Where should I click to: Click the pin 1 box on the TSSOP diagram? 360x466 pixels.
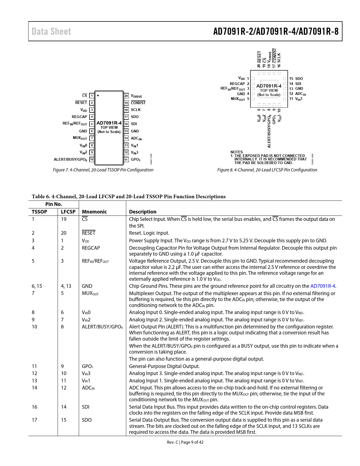pyautogui.click(x=92, y=96)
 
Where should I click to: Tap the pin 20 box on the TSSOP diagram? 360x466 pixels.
pyautogui.click(x=126, y=96)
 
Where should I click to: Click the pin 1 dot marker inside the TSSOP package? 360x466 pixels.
pyautogui.click(x=98, y=95)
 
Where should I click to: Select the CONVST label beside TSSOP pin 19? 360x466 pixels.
pyautogui.click(x=138, y=103)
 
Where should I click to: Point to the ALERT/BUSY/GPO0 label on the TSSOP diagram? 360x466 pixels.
pyautogui.click(x=70, y=160)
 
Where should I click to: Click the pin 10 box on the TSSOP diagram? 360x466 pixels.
pyautogui.click(x=92, y=160)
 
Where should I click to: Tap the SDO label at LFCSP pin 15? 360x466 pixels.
pyautogui.click(x=299, y=79)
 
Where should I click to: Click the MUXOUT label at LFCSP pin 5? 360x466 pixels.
pyautogui.click(x=238, y=99)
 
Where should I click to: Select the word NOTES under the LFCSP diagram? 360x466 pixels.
pyautogui.click(x=237, y=152)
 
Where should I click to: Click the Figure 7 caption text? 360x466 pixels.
pyautogui.click(x=103, y=170)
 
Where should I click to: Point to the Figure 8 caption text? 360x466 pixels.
pyautogui.click(x=267, y=170)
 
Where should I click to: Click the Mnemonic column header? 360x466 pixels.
pyautogui.click(x=94, y=212)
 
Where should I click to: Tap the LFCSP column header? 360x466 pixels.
pyautogui.click(x=68, y=212)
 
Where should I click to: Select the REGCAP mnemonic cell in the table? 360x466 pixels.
pyautogui.click(x=91, y=248)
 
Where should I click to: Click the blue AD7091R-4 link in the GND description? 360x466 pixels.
pyautogui.click(x=323, y=286)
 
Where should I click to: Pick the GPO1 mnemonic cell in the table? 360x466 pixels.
pyautogui.click(x=88, y=366)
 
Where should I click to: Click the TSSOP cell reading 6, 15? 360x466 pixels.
pyautogui.click(x=37, y=286)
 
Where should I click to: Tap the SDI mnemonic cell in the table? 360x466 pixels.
pyautogui.click(x=86, y=407)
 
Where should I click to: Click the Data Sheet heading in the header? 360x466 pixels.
pyautogui.click(x=51, y=31)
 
